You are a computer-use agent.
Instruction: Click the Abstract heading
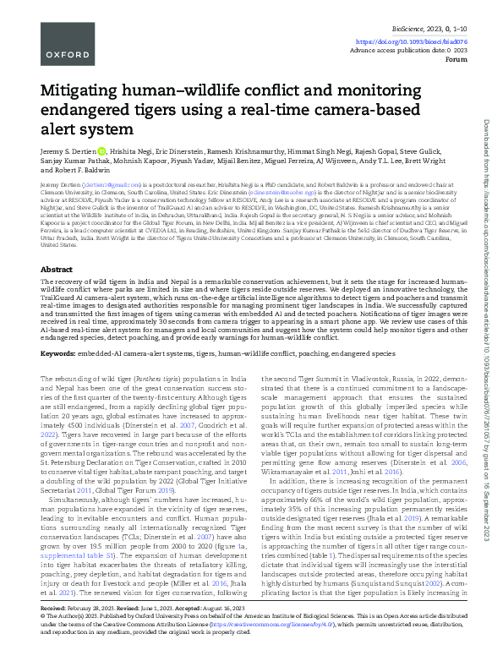pyautogui.click(x=57, y=245)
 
